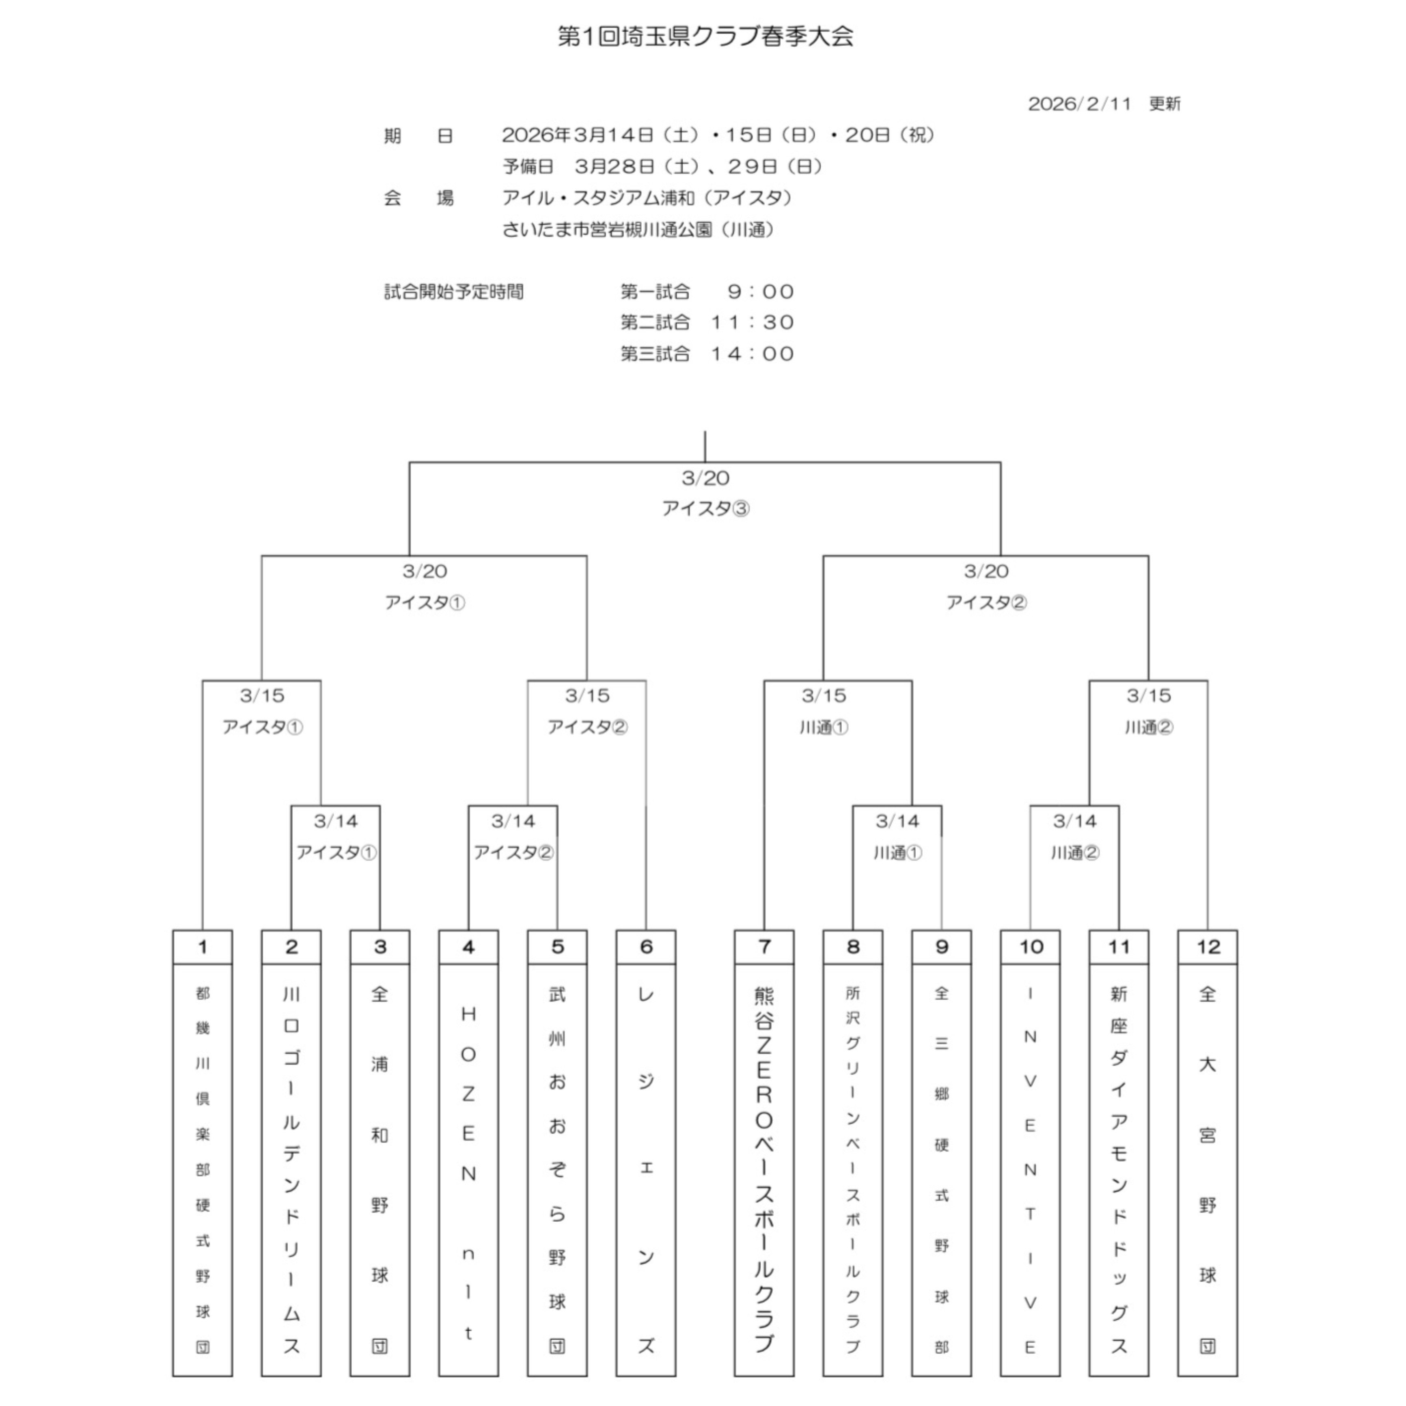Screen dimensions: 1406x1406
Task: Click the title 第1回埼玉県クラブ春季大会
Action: click(x=705, y=37)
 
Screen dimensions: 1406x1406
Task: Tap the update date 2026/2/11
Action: click(x=1079, y=104)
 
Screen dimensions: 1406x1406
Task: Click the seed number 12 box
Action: click(x=1208, y=947)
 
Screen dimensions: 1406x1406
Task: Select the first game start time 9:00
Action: click(x=761, y=292)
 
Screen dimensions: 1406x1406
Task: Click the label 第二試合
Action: click(x=655, y=322)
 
